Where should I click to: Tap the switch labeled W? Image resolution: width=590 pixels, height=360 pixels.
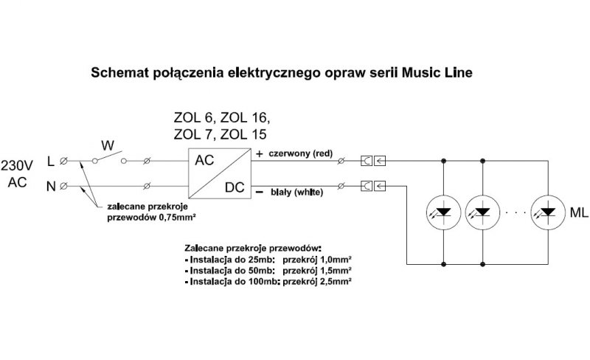pyautogui.click(x=109, y=158)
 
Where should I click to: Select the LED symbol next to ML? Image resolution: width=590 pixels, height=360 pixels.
pyautogui.click(x=548, y=212)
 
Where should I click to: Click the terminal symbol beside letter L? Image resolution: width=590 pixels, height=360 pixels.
pyautogui.click(x=63, y=161)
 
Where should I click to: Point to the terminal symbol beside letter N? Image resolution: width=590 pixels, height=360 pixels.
pyautogui.click(x=63, y=186)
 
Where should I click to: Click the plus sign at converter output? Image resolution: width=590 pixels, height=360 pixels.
pyautogui.click(x=260, y=153)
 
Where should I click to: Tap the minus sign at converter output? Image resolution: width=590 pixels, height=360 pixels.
pyautogui.click(x=260, y=192)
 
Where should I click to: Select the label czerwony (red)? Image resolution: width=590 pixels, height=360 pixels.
pyautogui.click(x=301, y=153)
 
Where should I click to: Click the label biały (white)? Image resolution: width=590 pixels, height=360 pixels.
pyautogui.click(x=297, y=192)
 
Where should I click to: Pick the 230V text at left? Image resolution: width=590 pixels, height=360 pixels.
pyautogui.click(x=17, y=165)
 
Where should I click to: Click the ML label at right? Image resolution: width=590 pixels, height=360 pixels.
pyautogui.click(x=579, y=212)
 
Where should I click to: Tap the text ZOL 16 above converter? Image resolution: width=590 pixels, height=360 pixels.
pyautogui.click(x=245, y=118)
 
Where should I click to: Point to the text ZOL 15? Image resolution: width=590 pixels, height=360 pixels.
pyautogui.click(x=243, y=134)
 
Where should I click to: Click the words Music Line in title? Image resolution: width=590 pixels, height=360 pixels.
pyautogui.click(x=437, y=72)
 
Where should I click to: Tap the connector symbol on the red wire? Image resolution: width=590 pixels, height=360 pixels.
pyautogui.click(x=373, y=161)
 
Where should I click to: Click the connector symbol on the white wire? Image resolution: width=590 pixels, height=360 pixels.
pyautogui.click(x=373, y=186)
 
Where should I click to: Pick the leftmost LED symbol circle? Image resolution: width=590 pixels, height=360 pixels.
pyautogui.click(x=444, y=212)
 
